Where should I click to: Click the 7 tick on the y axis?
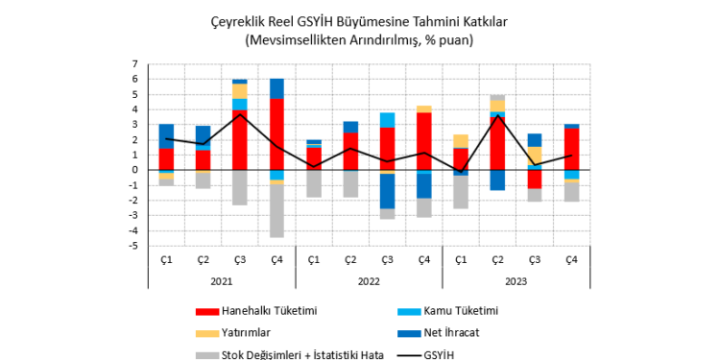click(137, 64)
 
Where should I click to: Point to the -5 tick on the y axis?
click(135, 246)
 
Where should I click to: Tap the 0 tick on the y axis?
click(137, 170)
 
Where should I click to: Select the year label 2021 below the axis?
click(222, 282)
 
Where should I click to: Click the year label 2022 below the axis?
click(369, 282)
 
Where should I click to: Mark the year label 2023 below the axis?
click(516, 282)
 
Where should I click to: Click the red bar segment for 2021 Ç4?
click(276, 134)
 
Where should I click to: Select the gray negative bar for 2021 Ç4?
click(276, 210)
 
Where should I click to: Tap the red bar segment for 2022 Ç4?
click(423, 141)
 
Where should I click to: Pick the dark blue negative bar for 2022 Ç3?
click(387, 191)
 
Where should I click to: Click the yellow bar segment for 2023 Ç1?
click(461, 141)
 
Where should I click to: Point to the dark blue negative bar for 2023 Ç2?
click(497, 180)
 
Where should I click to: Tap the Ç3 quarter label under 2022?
click(387, 259)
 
